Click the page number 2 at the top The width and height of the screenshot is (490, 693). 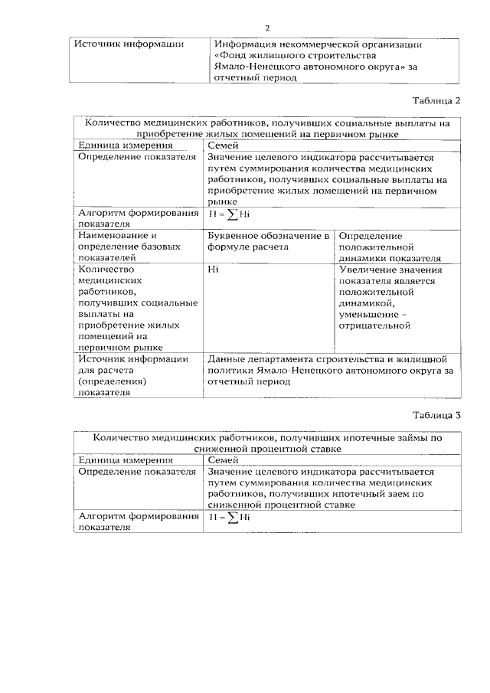click(268, 28)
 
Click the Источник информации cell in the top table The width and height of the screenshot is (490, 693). click(129, 44)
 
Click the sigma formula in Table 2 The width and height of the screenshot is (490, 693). click(230, 214)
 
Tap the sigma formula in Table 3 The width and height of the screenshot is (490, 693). click(230, 518)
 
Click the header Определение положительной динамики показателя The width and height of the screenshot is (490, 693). click(390, 247)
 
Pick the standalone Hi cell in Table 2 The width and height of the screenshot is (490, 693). click(214, 270)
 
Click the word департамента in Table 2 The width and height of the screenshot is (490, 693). click(274, 359)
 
